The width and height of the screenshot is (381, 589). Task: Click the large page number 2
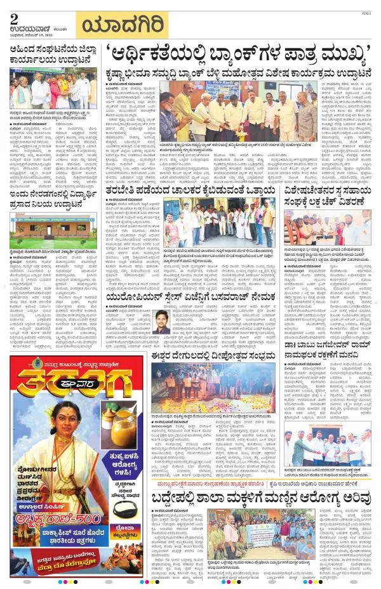[14, 19]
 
